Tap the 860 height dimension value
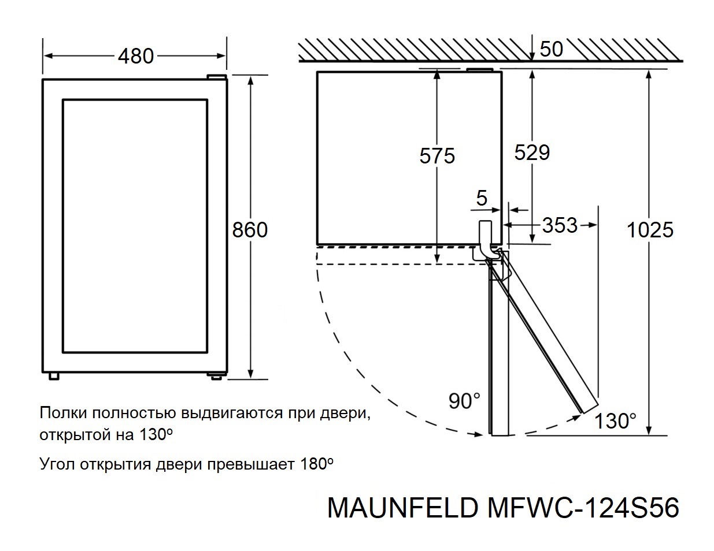(250, 229)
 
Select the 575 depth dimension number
(437, 156)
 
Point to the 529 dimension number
(532, 152)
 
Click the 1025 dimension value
(650, 229)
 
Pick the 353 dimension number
(560, 225)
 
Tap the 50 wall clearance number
(551, 49)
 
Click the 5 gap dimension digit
(482, 199)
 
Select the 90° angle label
(464, 400)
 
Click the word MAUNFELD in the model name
(402, 508)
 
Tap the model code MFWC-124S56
(582, 508)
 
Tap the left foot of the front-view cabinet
(54, 375)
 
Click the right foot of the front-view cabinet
(216, 375)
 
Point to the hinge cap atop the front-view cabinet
(217, 76)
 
